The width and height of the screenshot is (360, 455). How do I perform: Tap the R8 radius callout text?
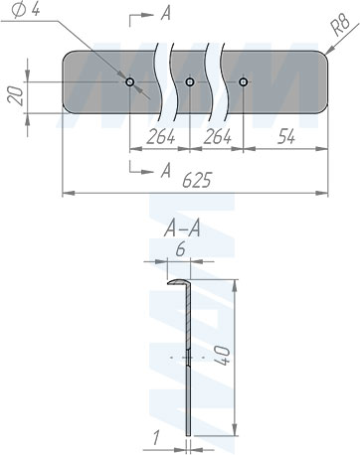(x=340, y=26)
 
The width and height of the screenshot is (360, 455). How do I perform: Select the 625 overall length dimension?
(x=197, y=181)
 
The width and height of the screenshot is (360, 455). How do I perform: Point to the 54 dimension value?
(x=285, y=137)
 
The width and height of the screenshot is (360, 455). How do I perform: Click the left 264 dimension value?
(x=161, y=137)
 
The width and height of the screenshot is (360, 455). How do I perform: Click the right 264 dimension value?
(x=218, y=137)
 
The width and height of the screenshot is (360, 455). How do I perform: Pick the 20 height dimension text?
(x=16, y=96)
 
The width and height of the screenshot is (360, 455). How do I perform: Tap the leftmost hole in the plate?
(x=129, y=81)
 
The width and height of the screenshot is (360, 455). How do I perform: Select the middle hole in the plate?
(x=189, y=81)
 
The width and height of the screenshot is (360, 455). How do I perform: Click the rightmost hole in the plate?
(x=244, y=81)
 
